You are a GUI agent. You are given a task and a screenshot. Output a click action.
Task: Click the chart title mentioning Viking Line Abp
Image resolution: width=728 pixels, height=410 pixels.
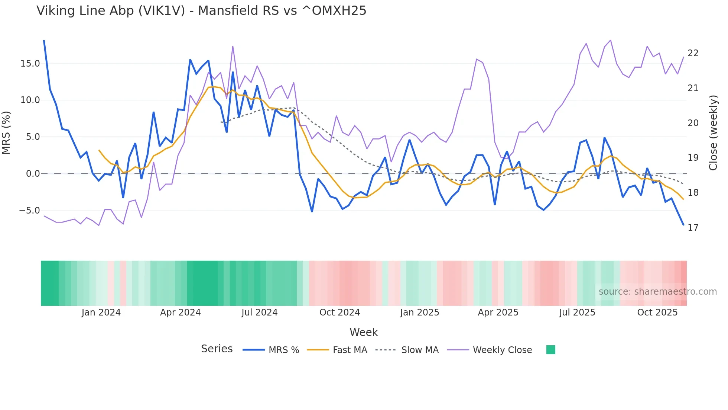(201, 11)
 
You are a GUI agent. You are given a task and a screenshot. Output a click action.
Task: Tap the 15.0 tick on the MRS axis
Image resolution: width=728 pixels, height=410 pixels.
(30, 64)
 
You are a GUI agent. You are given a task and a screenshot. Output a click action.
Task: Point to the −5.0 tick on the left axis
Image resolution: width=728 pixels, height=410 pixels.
(29, 211)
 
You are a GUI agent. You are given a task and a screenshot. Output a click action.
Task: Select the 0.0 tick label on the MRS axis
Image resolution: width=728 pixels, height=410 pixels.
(33, 174)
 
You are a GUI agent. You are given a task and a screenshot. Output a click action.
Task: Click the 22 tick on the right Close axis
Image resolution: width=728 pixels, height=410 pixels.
(693, 53)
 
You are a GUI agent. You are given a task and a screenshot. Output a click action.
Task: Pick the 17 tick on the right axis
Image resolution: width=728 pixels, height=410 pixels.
(693, 227)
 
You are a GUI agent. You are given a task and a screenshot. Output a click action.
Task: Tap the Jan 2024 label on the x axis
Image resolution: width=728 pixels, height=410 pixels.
(101, 313)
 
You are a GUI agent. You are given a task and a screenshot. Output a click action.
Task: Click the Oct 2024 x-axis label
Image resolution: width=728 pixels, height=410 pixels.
(339, 313)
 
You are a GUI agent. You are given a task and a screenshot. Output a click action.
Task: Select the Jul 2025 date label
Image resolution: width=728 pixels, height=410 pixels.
(577, 313)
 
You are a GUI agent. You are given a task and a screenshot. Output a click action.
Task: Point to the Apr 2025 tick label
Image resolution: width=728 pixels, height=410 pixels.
(498, 313)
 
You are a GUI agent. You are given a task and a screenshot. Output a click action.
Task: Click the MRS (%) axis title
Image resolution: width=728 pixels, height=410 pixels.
(6, 133)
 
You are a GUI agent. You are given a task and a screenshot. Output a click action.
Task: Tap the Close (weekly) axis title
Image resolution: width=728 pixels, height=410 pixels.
(713, 133)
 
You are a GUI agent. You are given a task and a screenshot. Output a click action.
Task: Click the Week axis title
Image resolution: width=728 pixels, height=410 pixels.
(364, 332)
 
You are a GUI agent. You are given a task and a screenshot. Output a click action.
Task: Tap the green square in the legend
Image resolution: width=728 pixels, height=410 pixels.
(550, 350)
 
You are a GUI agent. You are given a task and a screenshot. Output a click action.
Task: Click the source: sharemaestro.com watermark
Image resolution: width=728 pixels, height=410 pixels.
(657, 292)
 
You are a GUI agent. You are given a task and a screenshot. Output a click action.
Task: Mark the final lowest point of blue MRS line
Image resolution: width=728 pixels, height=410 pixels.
(683, 225)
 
